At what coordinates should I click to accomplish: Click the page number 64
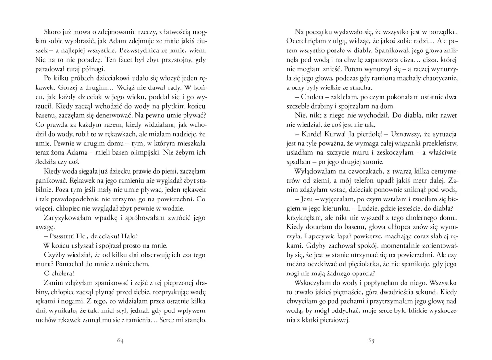(x=120, y=341)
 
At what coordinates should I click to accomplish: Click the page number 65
(x=371, y=341)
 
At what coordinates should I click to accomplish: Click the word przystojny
(x=173, y=60)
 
